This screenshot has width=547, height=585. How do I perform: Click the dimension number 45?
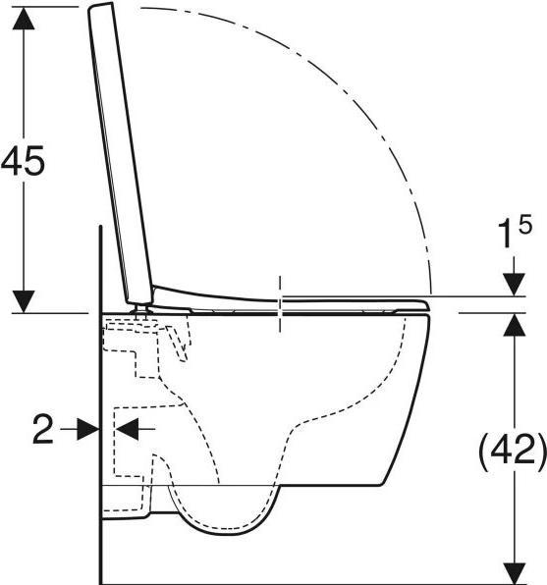pyautogui.click(x=24, y=160)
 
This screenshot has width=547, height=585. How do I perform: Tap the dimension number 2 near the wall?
pyautogui.click(x=42, y=429)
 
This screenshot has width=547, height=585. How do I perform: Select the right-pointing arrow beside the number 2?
pyautogui.click(x=86, y=429)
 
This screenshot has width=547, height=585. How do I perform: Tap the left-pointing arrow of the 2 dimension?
pyautogui.click(x=127, y=429)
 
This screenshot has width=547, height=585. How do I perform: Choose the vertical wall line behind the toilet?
pyautogui.click(x=100, y=442)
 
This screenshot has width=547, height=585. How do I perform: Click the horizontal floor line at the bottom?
pyautogui.click(x=295, y=580)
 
